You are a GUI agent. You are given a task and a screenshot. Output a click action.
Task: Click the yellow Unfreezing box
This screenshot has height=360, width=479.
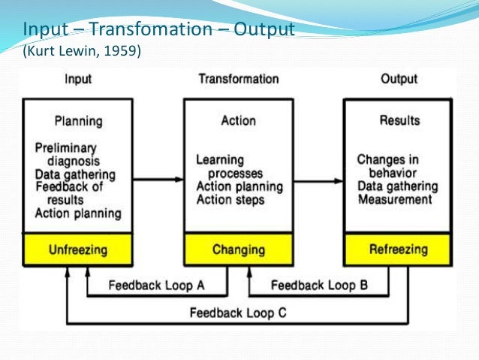pos(78,249)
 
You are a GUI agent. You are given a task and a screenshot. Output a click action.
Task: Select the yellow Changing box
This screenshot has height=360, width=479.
pos(238,249)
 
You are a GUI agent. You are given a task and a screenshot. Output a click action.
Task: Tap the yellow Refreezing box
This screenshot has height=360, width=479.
pos(398,249)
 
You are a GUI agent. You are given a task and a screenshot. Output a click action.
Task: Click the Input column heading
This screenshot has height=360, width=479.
pos(79,78)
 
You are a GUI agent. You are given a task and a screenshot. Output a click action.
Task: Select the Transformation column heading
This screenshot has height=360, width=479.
pos(238,78)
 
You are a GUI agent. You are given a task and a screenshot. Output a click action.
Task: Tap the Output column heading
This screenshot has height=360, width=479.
pos(399,78)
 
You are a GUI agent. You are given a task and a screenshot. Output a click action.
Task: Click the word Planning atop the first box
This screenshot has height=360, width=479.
pos(78,120)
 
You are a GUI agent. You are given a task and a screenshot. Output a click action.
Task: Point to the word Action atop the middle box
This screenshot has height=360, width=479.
pos(238,120)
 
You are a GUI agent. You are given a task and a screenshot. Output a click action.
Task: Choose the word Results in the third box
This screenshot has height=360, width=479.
pos(399,120)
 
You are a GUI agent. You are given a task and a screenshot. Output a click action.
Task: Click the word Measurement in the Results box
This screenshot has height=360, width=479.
pos(395,199)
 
